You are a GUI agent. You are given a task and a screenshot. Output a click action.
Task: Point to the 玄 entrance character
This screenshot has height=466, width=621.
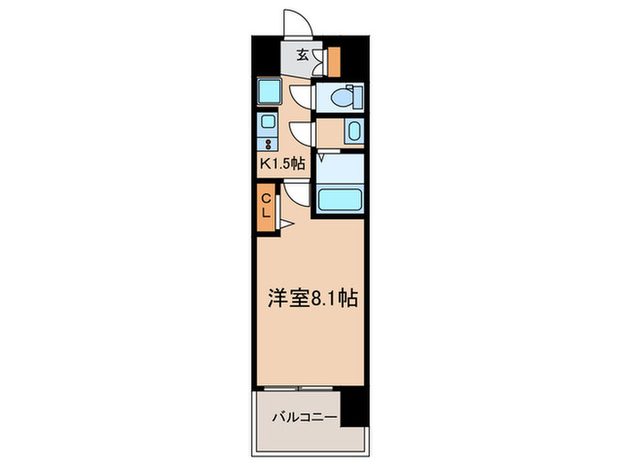click(x=303, y=55)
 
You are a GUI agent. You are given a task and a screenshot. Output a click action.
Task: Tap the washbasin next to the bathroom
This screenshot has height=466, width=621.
click(x=352, y=133)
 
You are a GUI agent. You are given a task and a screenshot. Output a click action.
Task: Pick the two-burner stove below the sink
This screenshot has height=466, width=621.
click(x=268, y=142)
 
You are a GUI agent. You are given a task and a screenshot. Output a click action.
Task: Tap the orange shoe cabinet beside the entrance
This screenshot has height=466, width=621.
click(x=334, y=60)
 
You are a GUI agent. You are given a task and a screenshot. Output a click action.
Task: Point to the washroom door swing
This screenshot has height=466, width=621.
click(x=303, y=132)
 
